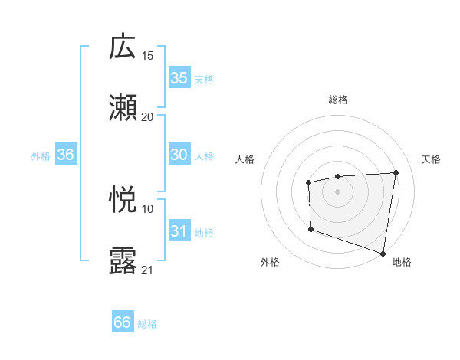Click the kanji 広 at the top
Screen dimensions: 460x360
[123, 47]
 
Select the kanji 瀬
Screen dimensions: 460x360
[123, 107]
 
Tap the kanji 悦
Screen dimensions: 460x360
[123, 200]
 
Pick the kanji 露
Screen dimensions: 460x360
[123, 261]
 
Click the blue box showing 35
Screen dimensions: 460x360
[179, 78]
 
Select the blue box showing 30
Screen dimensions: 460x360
[179, 155]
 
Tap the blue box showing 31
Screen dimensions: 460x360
[179, 231]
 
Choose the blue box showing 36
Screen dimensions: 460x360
[66, 155]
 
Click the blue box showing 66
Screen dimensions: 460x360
[123, 322]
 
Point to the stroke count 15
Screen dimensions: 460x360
[148, 55]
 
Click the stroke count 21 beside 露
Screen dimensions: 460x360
[148, 270]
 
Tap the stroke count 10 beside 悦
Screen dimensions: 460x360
[148, 208]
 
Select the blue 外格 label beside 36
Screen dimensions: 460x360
[41, 155]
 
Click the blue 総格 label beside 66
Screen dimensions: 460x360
[148, 323]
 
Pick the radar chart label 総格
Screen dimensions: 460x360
[338, 100]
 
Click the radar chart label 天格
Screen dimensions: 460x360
[431, 159]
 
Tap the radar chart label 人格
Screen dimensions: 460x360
[245, 159]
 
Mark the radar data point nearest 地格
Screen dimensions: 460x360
[383, 253]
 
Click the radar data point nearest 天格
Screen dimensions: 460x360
[396, 172]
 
